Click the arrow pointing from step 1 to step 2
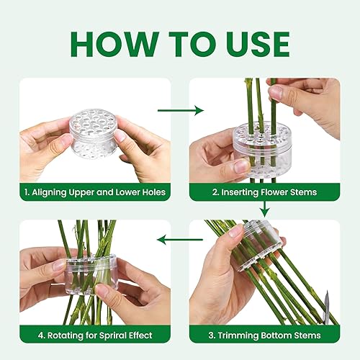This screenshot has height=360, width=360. [x=181, y=110]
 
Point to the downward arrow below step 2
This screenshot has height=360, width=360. [x=265, y=210]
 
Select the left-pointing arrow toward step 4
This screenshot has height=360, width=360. [x=180, y=240]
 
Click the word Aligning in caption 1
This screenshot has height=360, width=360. [x=49, y=192]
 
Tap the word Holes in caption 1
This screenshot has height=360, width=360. [x=153, y=192]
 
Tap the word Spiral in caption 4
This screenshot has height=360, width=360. [x=112, y=336]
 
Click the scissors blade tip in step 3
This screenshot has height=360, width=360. [x=327, y=291]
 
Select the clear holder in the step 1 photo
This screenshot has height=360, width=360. [x=94, y=133]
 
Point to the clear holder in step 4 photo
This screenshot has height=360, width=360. [x=90, y=274]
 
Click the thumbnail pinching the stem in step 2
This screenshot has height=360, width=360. [x=275, y=91]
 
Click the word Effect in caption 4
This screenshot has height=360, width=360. [x=141, y=335]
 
